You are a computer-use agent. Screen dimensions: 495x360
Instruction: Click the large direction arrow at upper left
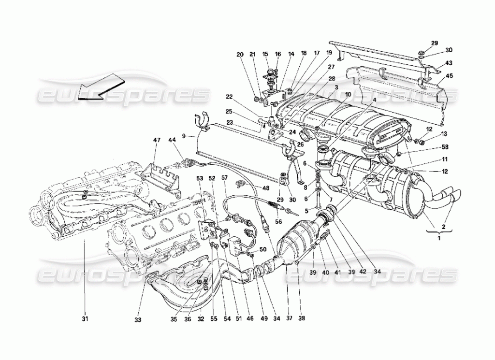[x=101, y=87]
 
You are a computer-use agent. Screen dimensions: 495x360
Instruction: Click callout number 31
[x=85, y=319]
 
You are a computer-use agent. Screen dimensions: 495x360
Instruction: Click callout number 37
[x=287, y=318]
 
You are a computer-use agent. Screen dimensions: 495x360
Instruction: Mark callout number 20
[x=240, y=54]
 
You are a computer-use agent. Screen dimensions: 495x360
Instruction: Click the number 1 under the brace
[x=439, y=238]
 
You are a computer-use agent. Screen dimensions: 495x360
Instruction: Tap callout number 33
[x=138, y=319]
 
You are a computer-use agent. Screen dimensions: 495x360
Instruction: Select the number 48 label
[x=265, y=188]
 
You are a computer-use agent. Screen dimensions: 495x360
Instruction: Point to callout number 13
[x=445, y=134]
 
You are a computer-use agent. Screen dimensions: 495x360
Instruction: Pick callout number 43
[x=449, y=63]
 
